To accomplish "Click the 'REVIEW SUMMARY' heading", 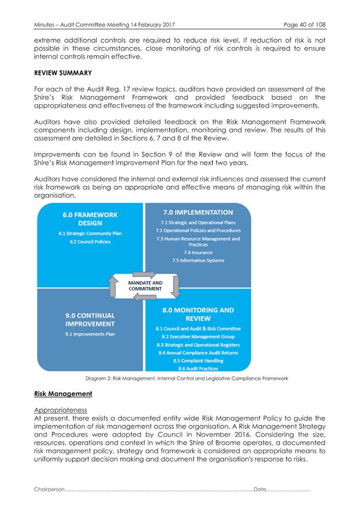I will point(60,72).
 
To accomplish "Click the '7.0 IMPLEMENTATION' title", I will point(197,212).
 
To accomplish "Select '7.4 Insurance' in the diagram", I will point(198,252).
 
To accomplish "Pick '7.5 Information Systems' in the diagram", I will point(198,260).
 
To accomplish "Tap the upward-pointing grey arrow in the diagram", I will point(113,286).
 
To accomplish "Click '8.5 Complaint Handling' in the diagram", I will point(198,361).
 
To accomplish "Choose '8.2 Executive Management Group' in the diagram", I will point(198,336).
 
